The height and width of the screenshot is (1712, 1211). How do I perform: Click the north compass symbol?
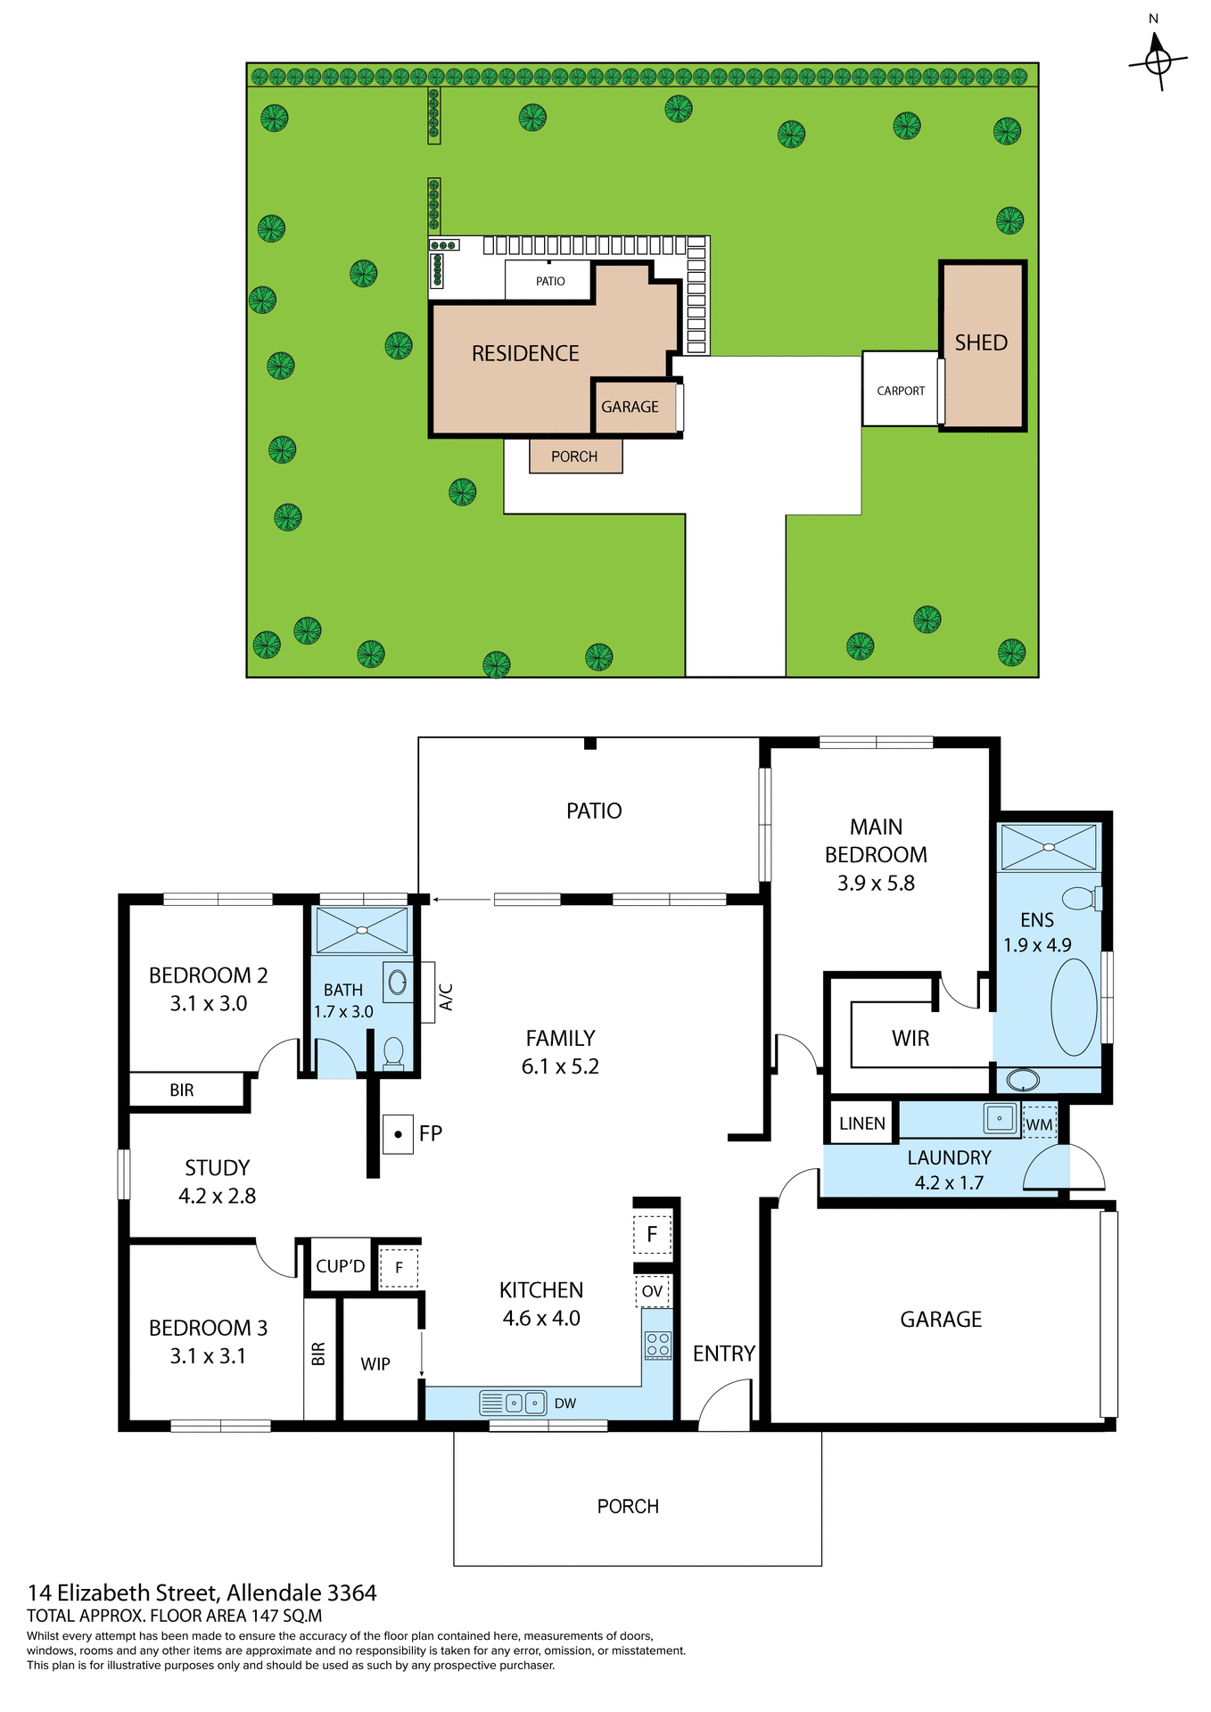[1157, 61]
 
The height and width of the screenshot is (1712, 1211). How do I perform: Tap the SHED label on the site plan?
[981, 343]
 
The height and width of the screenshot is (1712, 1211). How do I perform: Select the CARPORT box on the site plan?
[901, 391]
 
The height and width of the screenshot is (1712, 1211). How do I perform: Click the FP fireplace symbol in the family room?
[398, 1134]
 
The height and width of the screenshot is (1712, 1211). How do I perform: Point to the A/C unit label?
[447, 996]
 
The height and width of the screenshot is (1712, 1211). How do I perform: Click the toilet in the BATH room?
[393, 1052]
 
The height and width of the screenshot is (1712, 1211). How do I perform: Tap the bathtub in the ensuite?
[1074, 1008]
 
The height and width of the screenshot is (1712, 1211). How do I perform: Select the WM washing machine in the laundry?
[1039, 1125]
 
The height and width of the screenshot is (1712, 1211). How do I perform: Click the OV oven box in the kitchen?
[652, 1291]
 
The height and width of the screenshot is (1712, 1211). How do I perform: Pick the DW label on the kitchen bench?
[565, 1403]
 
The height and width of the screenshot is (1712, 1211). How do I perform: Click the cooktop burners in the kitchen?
[658, 1345]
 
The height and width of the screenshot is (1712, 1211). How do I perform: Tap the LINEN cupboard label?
[862, 1123]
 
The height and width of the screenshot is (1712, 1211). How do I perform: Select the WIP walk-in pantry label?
[375, 1364]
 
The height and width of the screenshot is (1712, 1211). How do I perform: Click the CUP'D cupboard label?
[340, 1266]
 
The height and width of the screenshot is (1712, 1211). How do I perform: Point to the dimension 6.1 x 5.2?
[560, 1066]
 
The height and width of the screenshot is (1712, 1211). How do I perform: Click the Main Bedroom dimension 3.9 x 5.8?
[876, 884]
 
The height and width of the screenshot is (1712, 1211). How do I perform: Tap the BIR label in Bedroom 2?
[182, 1091]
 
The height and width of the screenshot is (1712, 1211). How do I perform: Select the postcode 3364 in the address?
[352, 1593]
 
